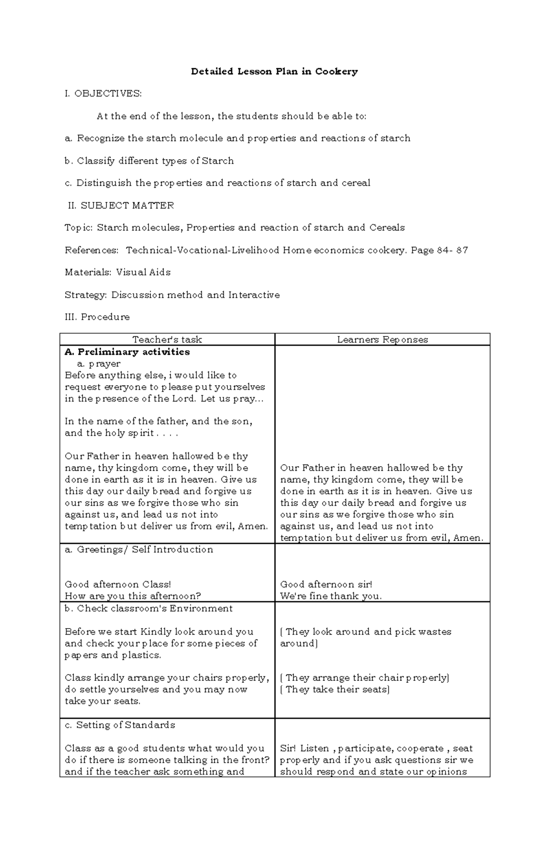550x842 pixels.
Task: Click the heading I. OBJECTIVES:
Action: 103,94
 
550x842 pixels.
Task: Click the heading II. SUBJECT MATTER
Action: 121,206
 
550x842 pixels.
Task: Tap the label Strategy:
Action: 86,295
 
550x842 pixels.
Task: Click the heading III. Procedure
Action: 97,317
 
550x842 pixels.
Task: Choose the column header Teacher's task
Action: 167,340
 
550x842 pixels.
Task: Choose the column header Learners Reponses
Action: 382,340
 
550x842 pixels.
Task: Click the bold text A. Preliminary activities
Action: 127,352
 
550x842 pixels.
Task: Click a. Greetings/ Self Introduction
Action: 139,550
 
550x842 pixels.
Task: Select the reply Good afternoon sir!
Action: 326,585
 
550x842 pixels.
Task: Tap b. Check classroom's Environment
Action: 148,608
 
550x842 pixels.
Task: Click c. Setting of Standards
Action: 120,725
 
